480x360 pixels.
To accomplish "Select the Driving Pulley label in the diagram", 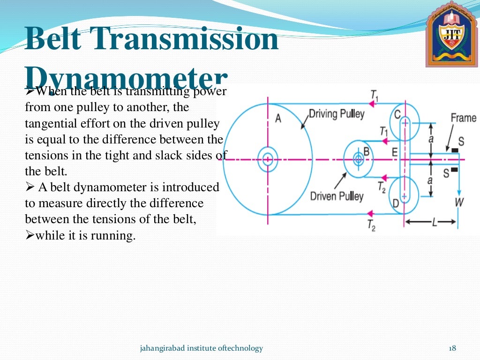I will pyautogui.click(x=336, y=114).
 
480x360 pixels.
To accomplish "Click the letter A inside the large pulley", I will pyautogui.click(x=278, y=119).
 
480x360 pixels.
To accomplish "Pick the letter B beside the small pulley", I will pyautogui.click(x=367, y=151).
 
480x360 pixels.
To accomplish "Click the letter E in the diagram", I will pyautogui.click(x=394, y=151).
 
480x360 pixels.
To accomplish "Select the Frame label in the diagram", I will pyautogui.click(x=463, y=118).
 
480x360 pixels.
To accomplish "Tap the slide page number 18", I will pyautogui.click(x=452, y=348).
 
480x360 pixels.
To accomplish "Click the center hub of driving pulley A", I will pyautogui.click(x=268, y=159).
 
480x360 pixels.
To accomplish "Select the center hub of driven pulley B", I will pyautogui.click(x=359, y=159).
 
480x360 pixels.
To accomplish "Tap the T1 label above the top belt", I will pyautogui.click(x=374, y=95).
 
